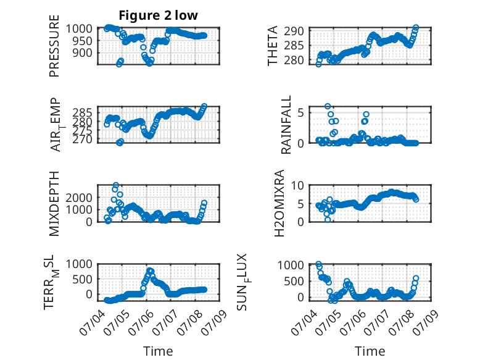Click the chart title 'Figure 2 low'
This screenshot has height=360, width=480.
tap(159, 15)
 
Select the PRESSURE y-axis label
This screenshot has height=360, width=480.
tap(54, 46)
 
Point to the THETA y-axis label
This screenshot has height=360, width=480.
tap(272, 46)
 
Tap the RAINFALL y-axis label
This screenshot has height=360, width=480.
tap(286, 125)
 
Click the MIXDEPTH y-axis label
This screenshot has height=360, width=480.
tap(54, 204)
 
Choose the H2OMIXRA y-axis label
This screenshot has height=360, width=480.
tap(279, 203)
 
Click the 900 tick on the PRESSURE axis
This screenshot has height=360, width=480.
tap(82, 52)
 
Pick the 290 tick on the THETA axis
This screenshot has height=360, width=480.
tap(294, 31)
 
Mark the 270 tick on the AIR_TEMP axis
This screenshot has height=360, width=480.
tap(82, 140)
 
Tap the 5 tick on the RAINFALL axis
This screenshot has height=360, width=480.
tap(300, 113)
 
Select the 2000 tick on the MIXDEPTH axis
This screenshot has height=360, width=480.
tap(79, 198)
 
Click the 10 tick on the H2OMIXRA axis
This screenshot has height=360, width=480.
tap(297, 185)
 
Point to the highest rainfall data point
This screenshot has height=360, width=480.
tap(328, 106)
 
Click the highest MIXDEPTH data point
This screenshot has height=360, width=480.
tap(116, 185)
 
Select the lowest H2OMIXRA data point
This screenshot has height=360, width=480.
tap(328, 220)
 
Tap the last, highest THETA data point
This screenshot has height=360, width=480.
tap(416, 28)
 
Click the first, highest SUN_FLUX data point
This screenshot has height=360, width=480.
tap(319, 264)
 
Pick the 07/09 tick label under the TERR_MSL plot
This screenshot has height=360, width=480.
tap(213, 322)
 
